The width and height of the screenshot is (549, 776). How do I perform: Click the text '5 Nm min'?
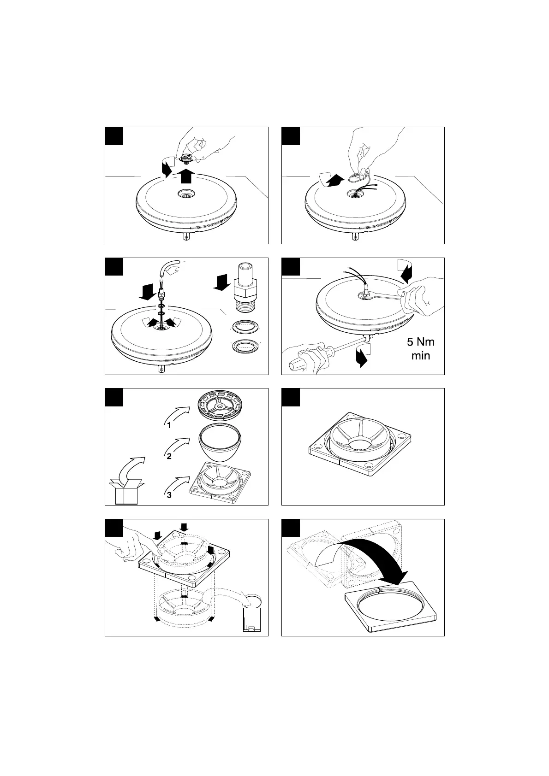[420, 348]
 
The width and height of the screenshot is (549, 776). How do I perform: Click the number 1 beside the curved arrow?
[169, 425]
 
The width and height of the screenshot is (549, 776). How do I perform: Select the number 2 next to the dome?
[169, 456]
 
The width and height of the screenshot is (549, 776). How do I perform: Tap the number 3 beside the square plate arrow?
[169, 495]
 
